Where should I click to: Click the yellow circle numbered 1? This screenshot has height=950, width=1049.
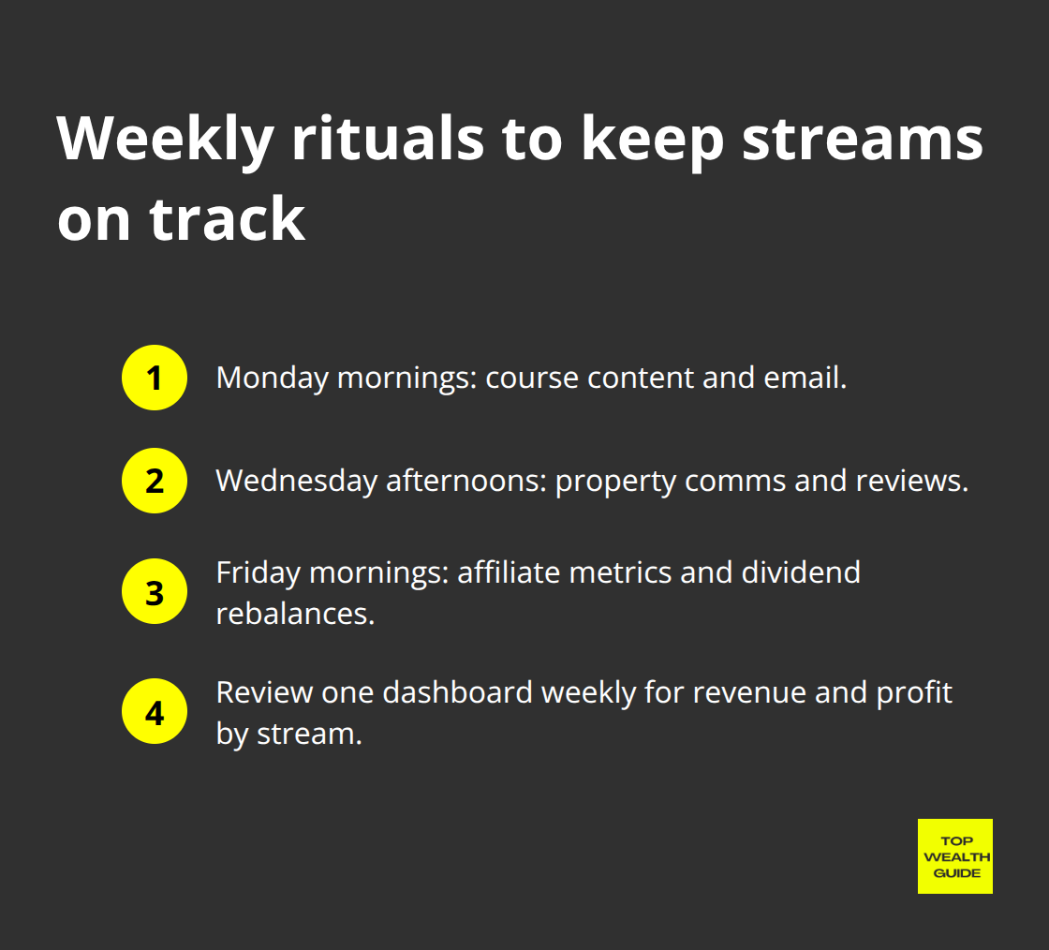[155, 378]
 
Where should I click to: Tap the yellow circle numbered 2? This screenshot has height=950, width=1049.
[155, 481]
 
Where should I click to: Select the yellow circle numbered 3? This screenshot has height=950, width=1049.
[155, 593]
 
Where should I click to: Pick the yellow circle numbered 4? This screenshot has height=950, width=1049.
[155, 711]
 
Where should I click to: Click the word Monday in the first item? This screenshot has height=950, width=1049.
[272, 378]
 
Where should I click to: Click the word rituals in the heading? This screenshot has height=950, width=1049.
[388, 138]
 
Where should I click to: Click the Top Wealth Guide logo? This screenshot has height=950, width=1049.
[954, 856]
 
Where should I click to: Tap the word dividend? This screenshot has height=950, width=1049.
[801, 572]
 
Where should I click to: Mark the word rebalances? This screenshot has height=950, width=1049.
[295, 614]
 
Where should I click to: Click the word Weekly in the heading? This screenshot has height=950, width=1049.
[166, 138]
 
